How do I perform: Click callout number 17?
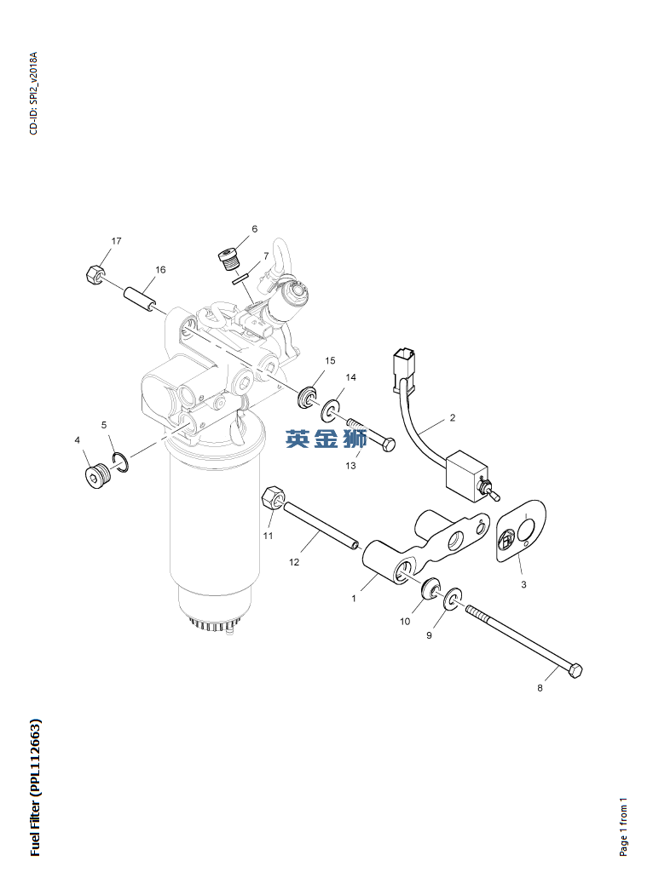click(x=116, y=241)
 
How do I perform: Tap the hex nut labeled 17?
click(x=94, y=274)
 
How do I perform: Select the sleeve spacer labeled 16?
click(x=138, y=300)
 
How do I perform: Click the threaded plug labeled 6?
click(x=228, y=259)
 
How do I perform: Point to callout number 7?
click(x=266, y=255)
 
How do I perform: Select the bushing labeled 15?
click(x=307, y=397)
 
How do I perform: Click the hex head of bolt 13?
click(x=389, y=444)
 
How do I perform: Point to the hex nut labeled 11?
click(x=274, y=498)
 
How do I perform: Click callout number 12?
click(x=294, y=562)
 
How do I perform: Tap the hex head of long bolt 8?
click(x=575, y=671)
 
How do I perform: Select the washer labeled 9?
click(x=453, y=599)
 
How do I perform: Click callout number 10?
click(x=405, y=621)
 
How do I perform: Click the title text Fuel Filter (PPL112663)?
click(x=35, y=786)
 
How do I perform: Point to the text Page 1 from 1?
click(x=623, y=827)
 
